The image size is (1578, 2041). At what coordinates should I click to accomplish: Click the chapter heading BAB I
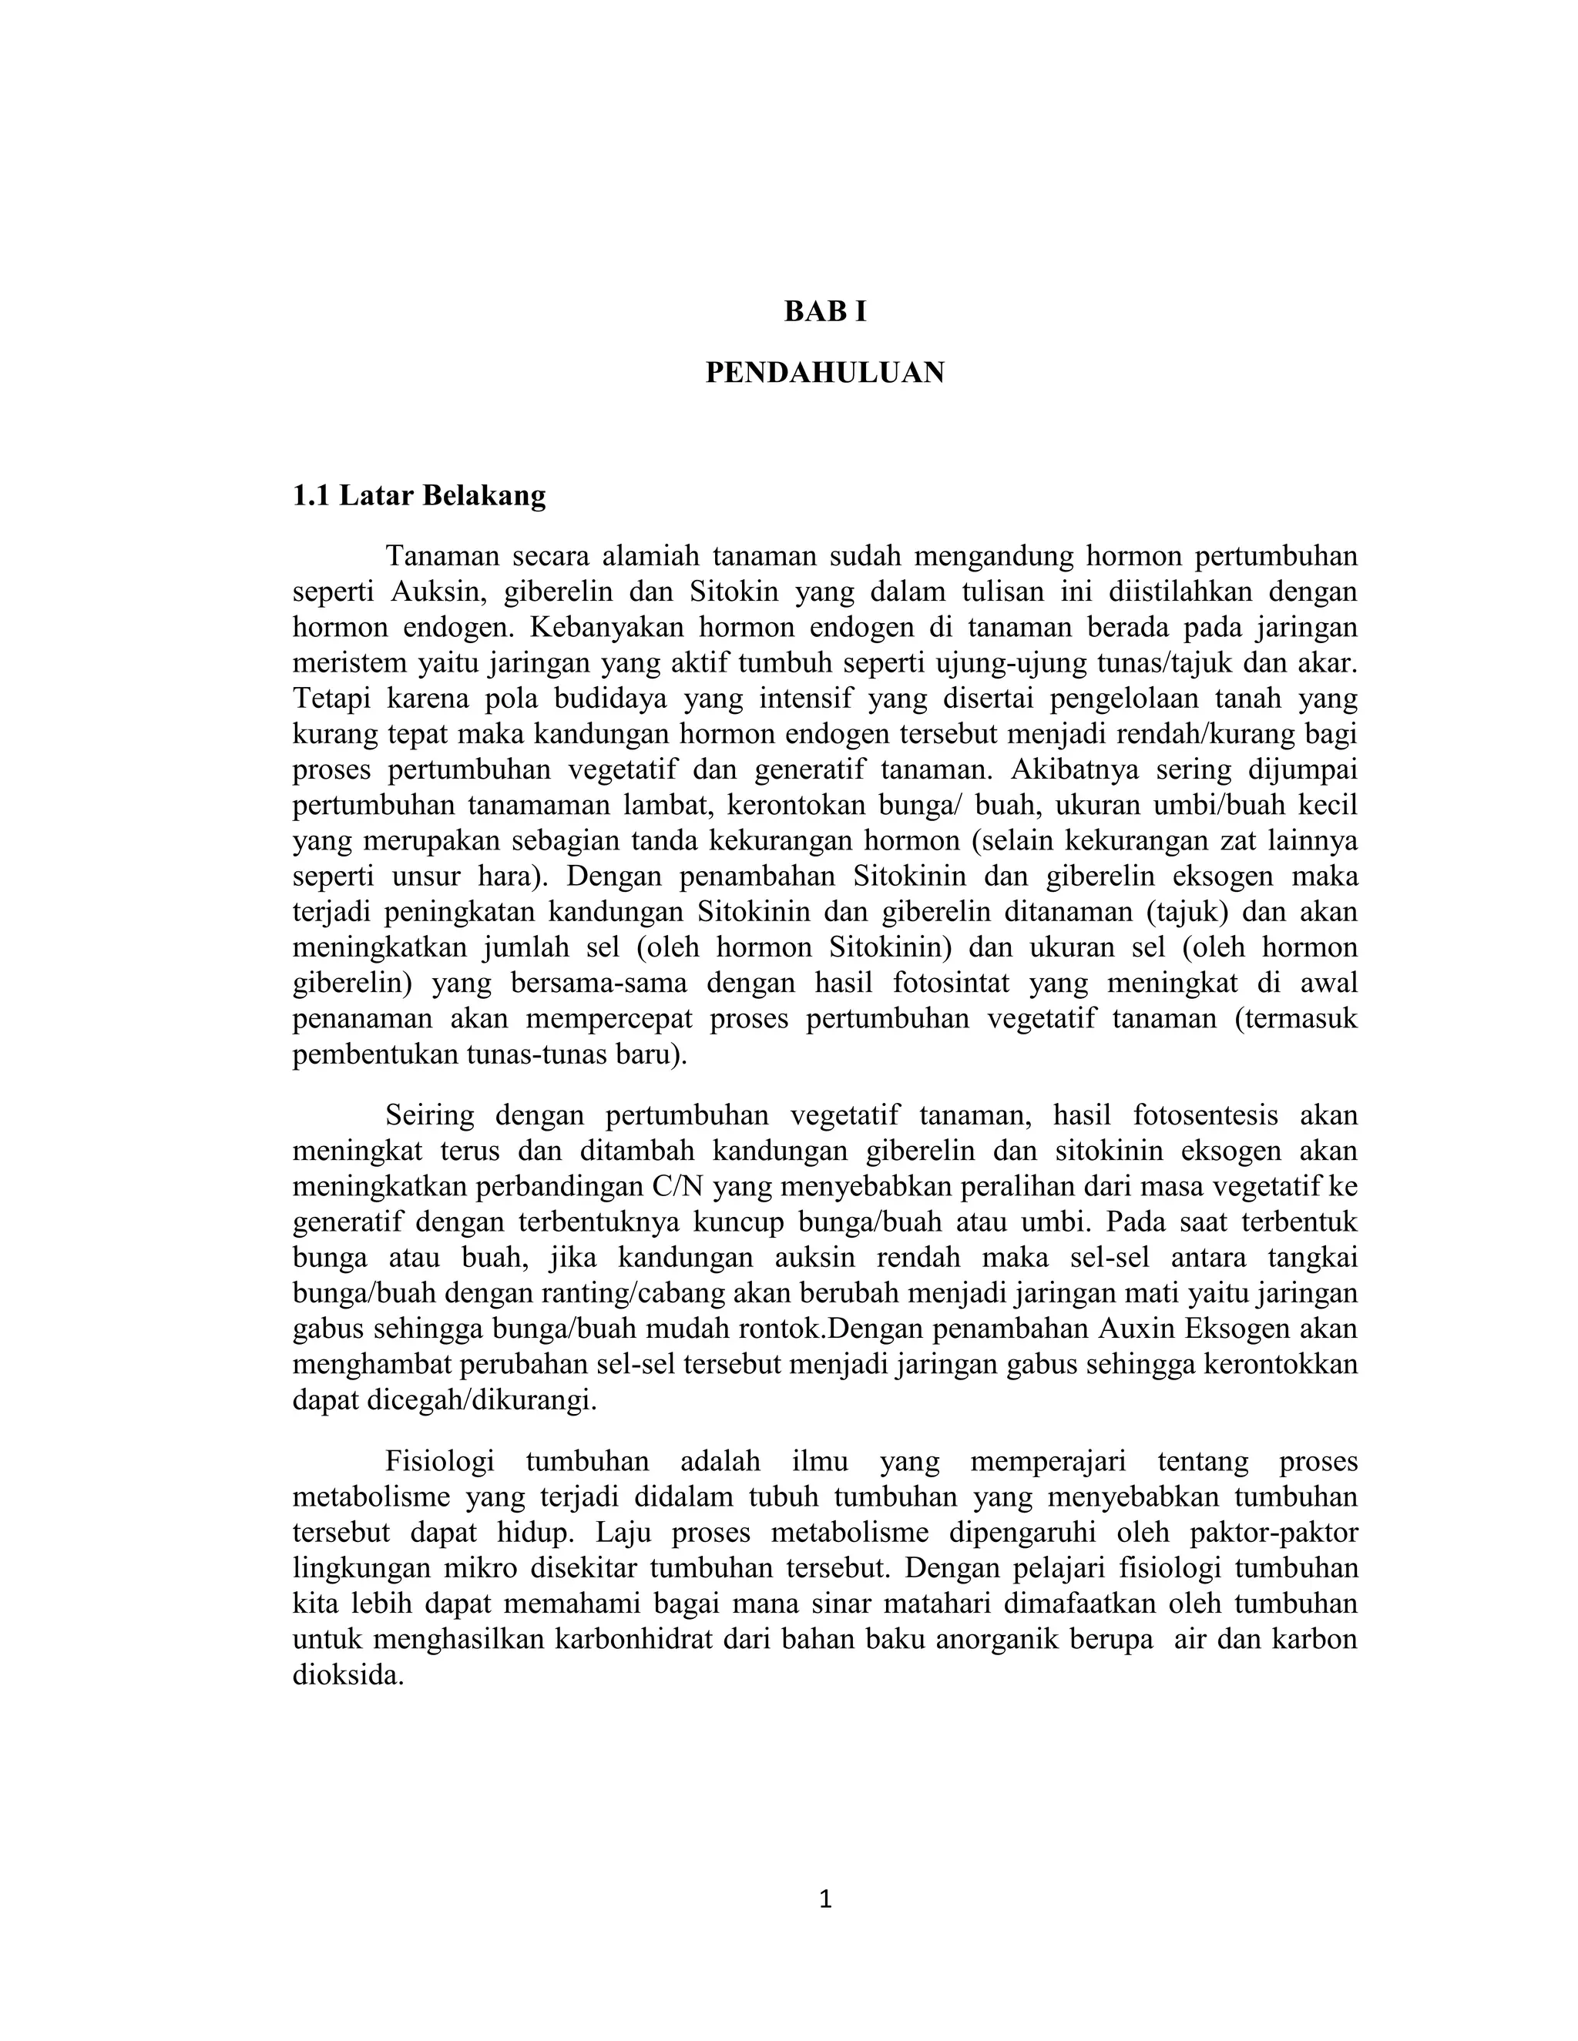tap(824, 311)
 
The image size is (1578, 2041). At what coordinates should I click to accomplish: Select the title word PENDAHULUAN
tap(824, 373)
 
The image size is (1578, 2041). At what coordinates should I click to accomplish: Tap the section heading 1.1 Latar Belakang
tap(419, 495)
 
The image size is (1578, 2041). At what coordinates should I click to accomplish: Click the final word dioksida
tap(347, 1674)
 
